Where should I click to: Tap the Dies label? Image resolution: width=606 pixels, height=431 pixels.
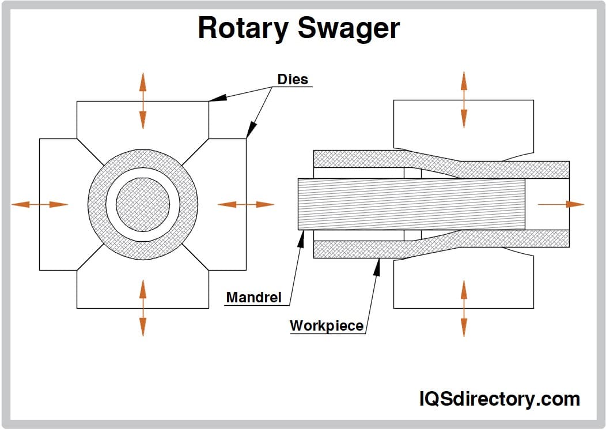tap(293, 79)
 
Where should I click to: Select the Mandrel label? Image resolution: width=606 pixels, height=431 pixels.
tap(253, 298)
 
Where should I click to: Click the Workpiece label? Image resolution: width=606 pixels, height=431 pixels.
tap(326, 325)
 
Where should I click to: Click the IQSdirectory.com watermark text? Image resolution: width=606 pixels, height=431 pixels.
tap(499, 399)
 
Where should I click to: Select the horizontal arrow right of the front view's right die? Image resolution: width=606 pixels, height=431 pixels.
tap(246, 204)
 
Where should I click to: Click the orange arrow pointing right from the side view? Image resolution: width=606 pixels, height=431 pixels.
tap(560, 204)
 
